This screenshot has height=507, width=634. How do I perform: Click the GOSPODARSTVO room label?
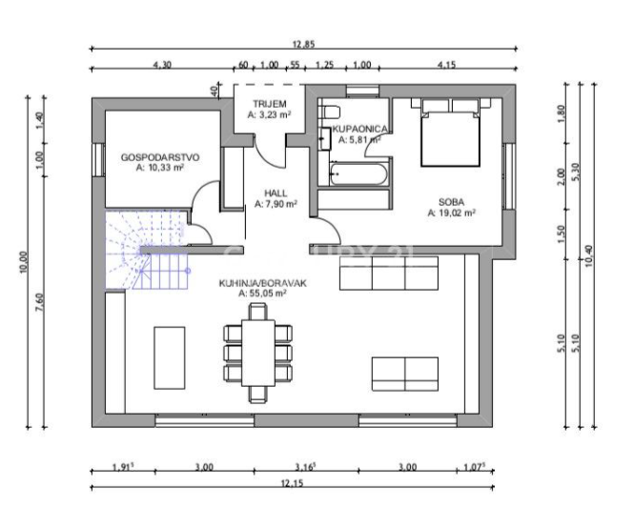point(159,156)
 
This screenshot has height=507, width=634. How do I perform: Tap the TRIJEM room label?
point(269,103)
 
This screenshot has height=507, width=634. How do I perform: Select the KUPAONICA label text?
point(359,127)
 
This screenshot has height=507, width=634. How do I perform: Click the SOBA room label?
point(452,201)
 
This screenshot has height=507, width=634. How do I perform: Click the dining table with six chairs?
point(255,349)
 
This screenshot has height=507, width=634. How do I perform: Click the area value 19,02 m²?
point(452,213)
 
